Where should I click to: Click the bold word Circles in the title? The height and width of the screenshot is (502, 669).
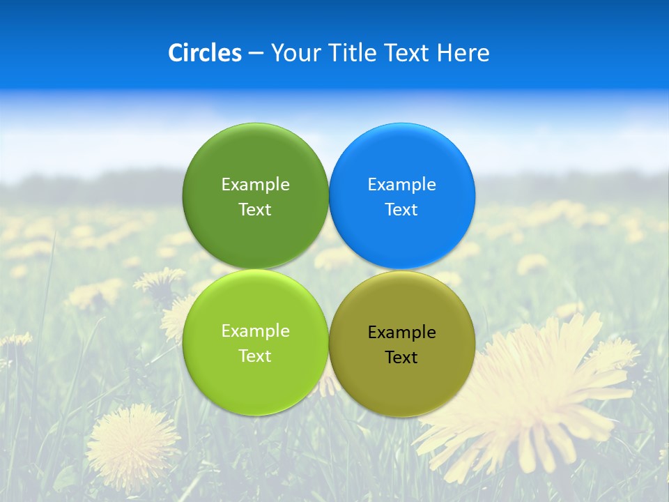[205, 53]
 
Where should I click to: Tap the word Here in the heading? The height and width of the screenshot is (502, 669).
[463, 53]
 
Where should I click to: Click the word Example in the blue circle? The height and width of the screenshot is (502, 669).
[402, 185]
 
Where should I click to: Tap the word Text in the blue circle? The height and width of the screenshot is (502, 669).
[401, 210]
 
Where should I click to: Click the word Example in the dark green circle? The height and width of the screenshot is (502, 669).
[255, 185]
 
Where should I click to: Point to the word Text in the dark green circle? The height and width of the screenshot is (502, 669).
[255, 210]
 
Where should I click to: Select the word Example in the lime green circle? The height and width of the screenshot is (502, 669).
[255, 331]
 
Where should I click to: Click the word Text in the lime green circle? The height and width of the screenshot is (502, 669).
[255, 356]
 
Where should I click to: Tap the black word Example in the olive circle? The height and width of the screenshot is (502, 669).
[402, 333]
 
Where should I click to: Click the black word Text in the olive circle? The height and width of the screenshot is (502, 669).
[401, 358]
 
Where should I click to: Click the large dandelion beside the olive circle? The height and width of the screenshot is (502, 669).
[537, 397]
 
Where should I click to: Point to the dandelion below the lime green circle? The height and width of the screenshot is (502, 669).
[132, 443]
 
